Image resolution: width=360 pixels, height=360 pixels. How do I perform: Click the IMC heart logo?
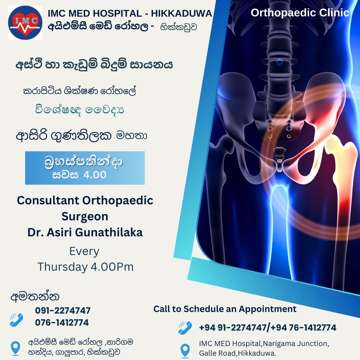[x=25, y=23]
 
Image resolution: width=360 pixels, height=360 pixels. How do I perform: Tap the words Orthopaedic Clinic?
[x=300, y=13]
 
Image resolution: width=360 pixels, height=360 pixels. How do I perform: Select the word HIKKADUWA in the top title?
[x=181, y=14]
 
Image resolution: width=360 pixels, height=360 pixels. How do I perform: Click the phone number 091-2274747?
[x=63, y=310]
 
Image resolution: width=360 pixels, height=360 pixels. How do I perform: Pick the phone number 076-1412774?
[x=62, y=323]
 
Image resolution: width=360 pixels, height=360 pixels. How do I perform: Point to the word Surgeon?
[x=85, y=217]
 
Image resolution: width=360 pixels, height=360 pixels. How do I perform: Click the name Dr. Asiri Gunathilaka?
[x=85, y=232]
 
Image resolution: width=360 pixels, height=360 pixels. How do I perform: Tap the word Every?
[x=84, y=252]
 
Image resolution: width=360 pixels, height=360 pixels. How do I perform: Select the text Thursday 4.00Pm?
[x=85, y=267]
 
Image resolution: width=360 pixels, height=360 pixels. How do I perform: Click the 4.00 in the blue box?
[x=95, y=175]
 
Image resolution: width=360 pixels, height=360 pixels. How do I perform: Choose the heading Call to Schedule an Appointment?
[x=225, y=309]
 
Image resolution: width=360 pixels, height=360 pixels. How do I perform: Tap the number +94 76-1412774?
[x=304, y=327]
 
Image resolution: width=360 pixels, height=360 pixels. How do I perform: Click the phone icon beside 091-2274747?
[x=17, y=320]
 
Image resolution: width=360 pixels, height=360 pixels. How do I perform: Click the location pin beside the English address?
[x=185, y=351]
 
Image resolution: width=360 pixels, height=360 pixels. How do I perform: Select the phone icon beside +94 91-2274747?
[x=185, y=328]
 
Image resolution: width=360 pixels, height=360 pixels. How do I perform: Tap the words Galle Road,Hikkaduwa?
[x=238, y=353]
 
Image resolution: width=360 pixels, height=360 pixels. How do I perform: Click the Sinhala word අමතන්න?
[x=35, y=296]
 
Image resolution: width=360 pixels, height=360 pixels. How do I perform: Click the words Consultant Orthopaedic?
[x=85, y=200]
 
